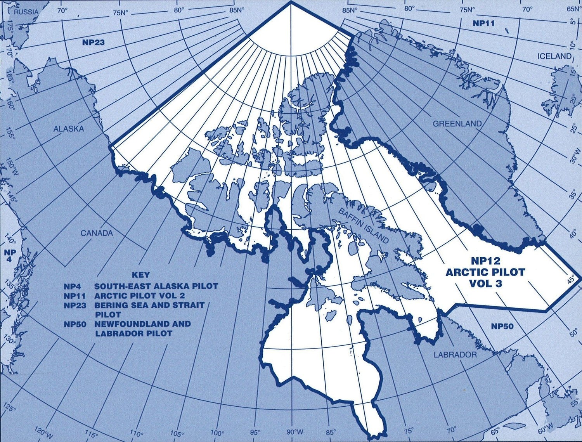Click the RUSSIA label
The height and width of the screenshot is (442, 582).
[x=26, y=12]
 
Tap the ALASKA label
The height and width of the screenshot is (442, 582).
[x=69, y=129]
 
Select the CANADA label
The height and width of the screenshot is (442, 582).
[x=97, y=233]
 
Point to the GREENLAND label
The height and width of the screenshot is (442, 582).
[x=457, y=124]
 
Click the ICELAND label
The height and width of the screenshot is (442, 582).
[x=554, y=56]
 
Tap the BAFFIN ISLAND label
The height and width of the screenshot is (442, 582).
[x=363, y=225]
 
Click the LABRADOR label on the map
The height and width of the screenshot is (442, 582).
[x=455, y=355]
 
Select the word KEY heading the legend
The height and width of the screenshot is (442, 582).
[x=140, y=275]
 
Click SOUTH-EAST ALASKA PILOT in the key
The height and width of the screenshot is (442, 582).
[x=156, y=286]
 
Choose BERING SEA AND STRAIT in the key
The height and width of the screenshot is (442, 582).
[x=149, y=305]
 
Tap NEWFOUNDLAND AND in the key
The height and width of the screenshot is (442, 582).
[x=142, y=324]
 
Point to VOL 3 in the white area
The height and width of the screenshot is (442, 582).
[x=485, y=283]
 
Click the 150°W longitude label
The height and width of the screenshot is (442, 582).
[x=12, y=167]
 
